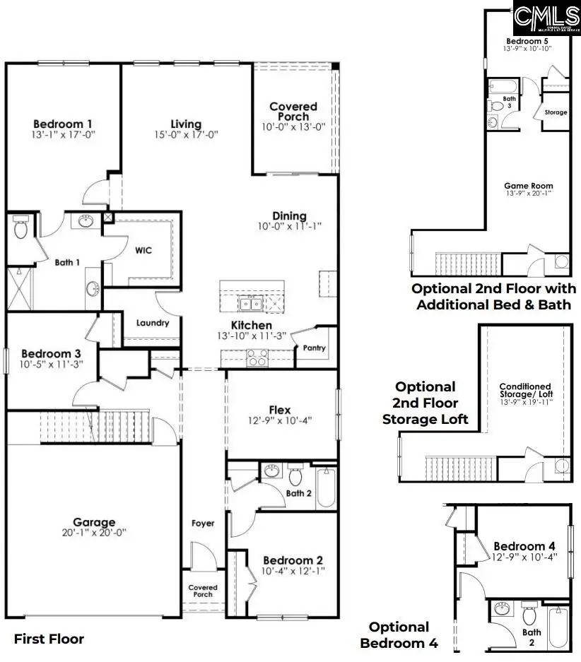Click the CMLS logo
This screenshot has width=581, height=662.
[546, 19]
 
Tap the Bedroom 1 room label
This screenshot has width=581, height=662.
[62, 123]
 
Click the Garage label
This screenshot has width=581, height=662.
[94, 522]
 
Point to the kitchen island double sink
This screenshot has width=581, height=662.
[248, 305]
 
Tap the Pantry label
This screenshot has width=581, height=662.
[314, 348]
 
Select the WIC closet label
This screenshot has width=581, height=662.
[143, 250]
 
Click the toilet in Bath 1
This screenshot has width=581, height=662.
[20, 227]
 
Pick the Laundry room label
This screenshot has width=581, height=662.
[153, 323]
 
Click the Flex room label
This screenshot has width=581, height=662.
[280, 410]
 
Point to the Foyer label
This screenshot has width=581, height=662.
[203, 524]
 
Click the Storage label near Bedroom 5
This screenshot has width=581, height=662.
[556, 112]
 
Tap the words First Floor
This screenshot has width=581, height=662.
[49, 639]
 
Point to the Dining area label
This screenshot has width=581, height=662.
[289, 216]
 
